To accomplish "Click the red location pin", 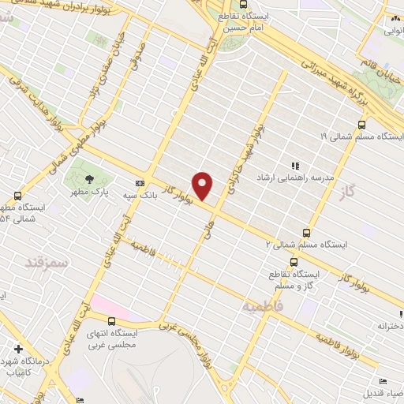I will point(203,185).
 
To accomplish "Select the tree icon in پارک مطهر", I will point(88,178).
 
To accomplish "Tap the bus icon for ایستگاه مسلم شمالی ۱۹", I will point(361,124).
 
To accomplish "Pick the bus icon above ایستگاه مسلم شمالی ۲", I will point(306,233).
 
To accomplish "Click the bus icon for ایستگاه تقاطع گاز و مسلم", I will point(294,262).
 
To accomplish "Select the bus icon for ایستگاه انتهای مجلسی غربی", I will point(111,321).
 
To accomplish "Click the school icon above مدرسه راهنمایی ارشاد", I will point(295,166).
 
